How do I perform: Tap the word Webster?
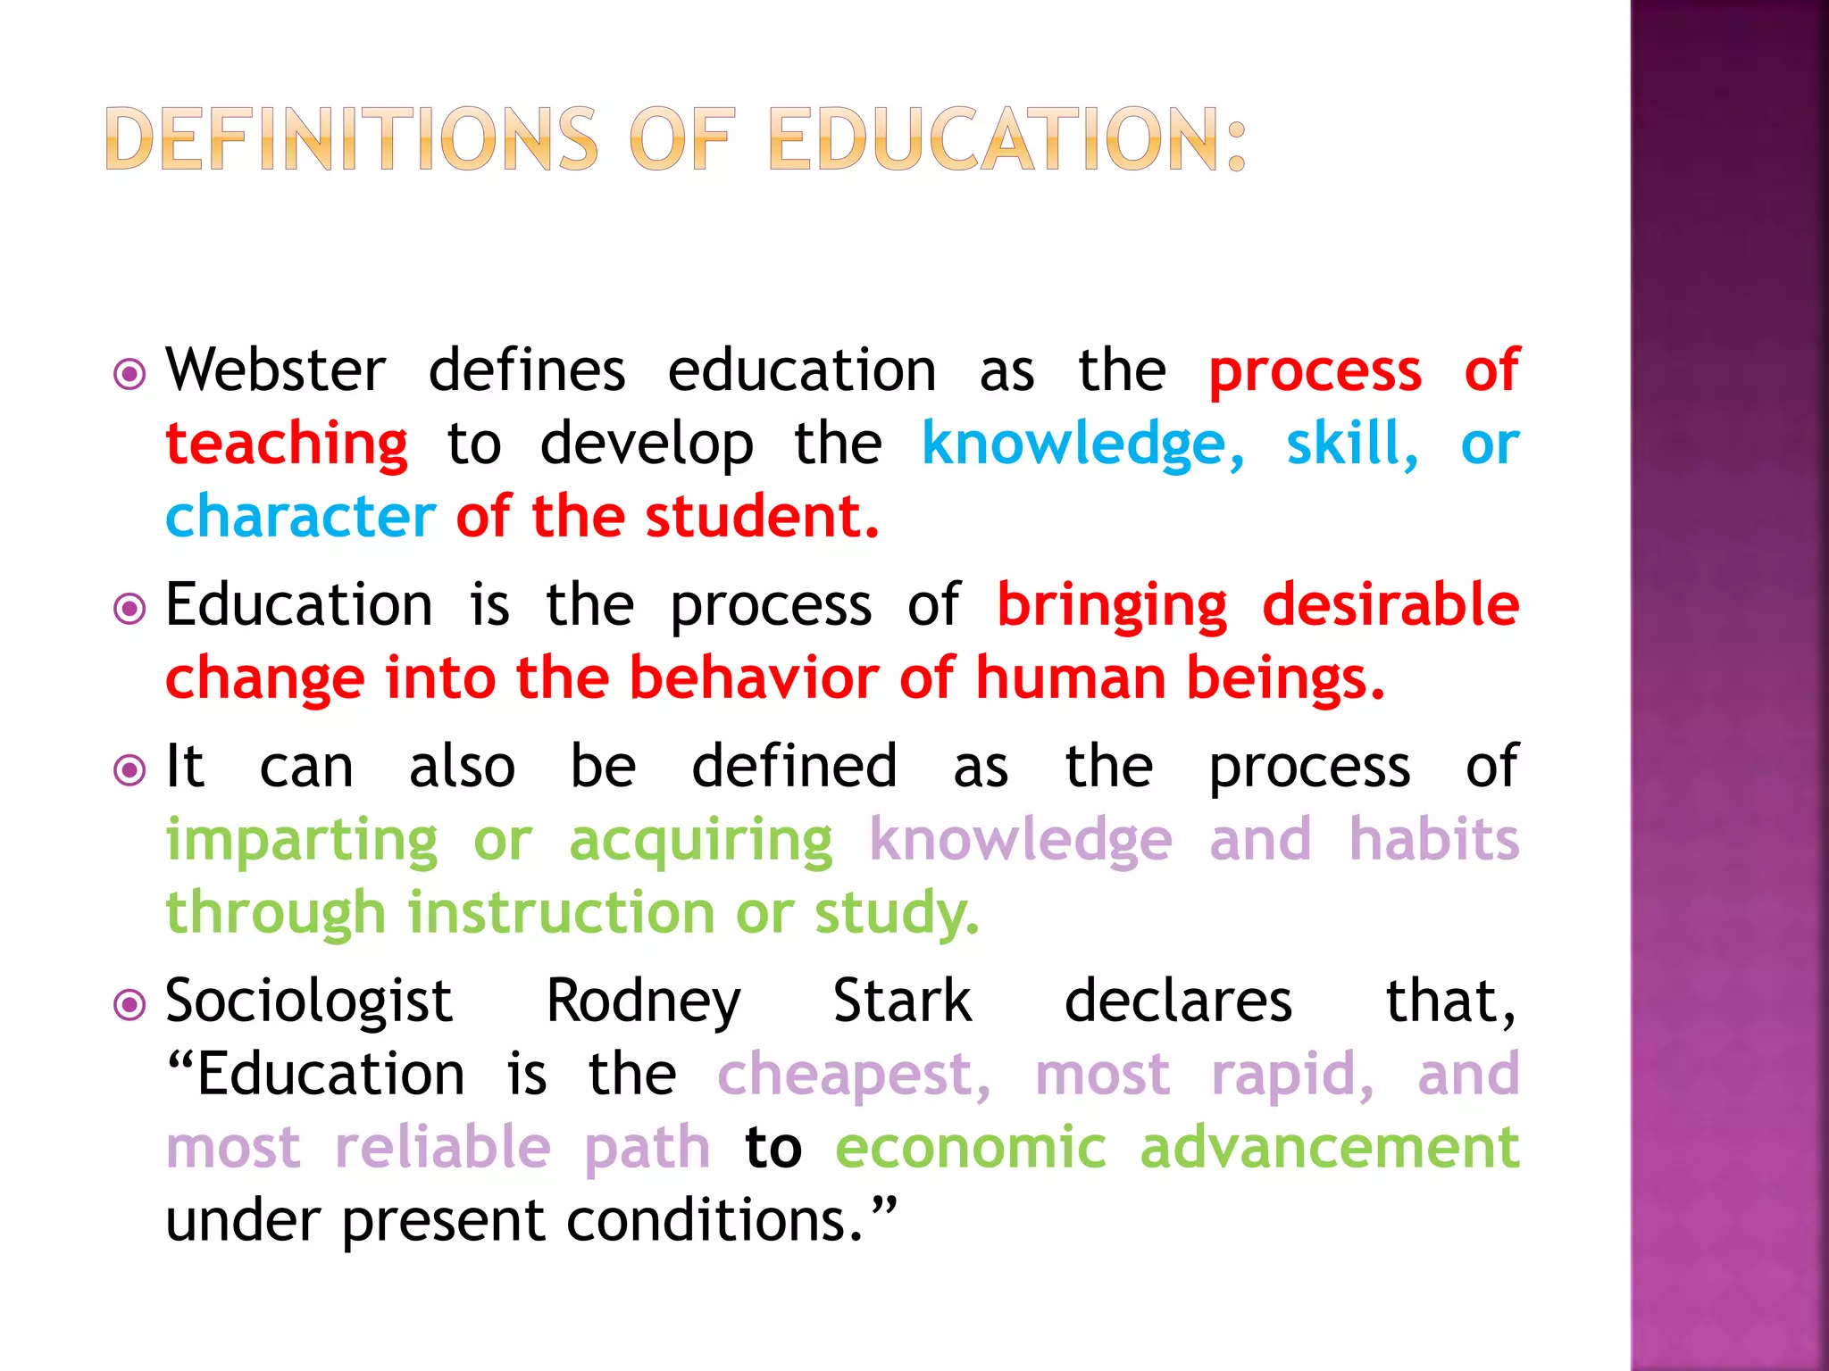[276, 370]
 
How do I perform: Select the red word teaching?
[287, 445]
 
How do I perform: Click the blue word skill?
[1351, 444]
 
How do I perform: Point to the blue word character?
[301, 517]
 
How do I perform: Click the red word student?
[762, 517]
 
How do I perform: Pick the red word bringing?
[1112, 606]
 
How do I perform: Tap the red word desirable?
[1391, 604]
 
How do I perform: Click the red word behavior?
[754, 678]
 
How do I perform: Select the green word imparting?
[302, 842]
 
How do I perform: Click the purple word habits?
[1433, 840]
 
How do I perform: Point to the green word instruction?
[562, 913]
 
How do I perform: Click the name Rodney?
[643, 1002]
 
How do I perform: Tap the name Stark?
[902, 1001]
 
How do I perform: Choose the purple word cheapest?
[853, 1076]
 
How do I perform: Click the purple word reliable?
[443, 1148]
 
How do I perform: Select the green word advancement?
[1330, 1148]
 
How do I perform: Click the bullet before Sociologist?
[130, 1006]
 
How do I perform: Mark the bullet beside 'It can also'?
[130, 769]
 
